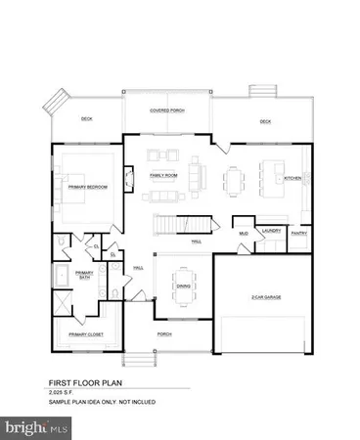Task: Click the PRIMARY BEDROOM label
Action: coord(89,186)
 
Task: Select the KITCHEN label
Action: coord(292,179)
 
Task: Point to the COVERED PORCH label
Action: coord(167,110)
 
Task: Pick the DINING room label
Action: coord(182,286)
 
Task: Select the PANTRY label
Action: coord(299,234)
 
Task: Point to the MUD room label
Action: coord(244,234)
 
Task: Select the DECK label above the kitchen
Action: coord(264,121)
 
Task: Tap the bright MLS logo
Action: coord(36,427)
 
